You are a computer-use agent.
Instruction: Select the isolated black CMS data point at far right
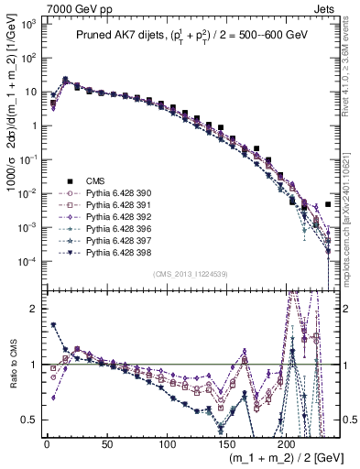(x=329, y=204)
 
